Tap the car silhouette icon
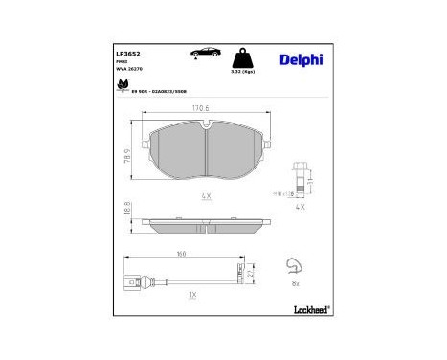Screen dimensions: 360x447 tap(205, 54)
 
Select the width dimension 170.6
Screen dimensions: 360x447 tap(201, 109)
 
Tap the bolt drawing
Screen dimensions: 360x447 tap(298, 175)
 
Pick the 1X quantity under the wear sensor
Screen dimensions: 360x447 tap(193, 295)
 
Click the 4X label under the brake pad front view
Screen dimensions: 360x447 tap(204, 195)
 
